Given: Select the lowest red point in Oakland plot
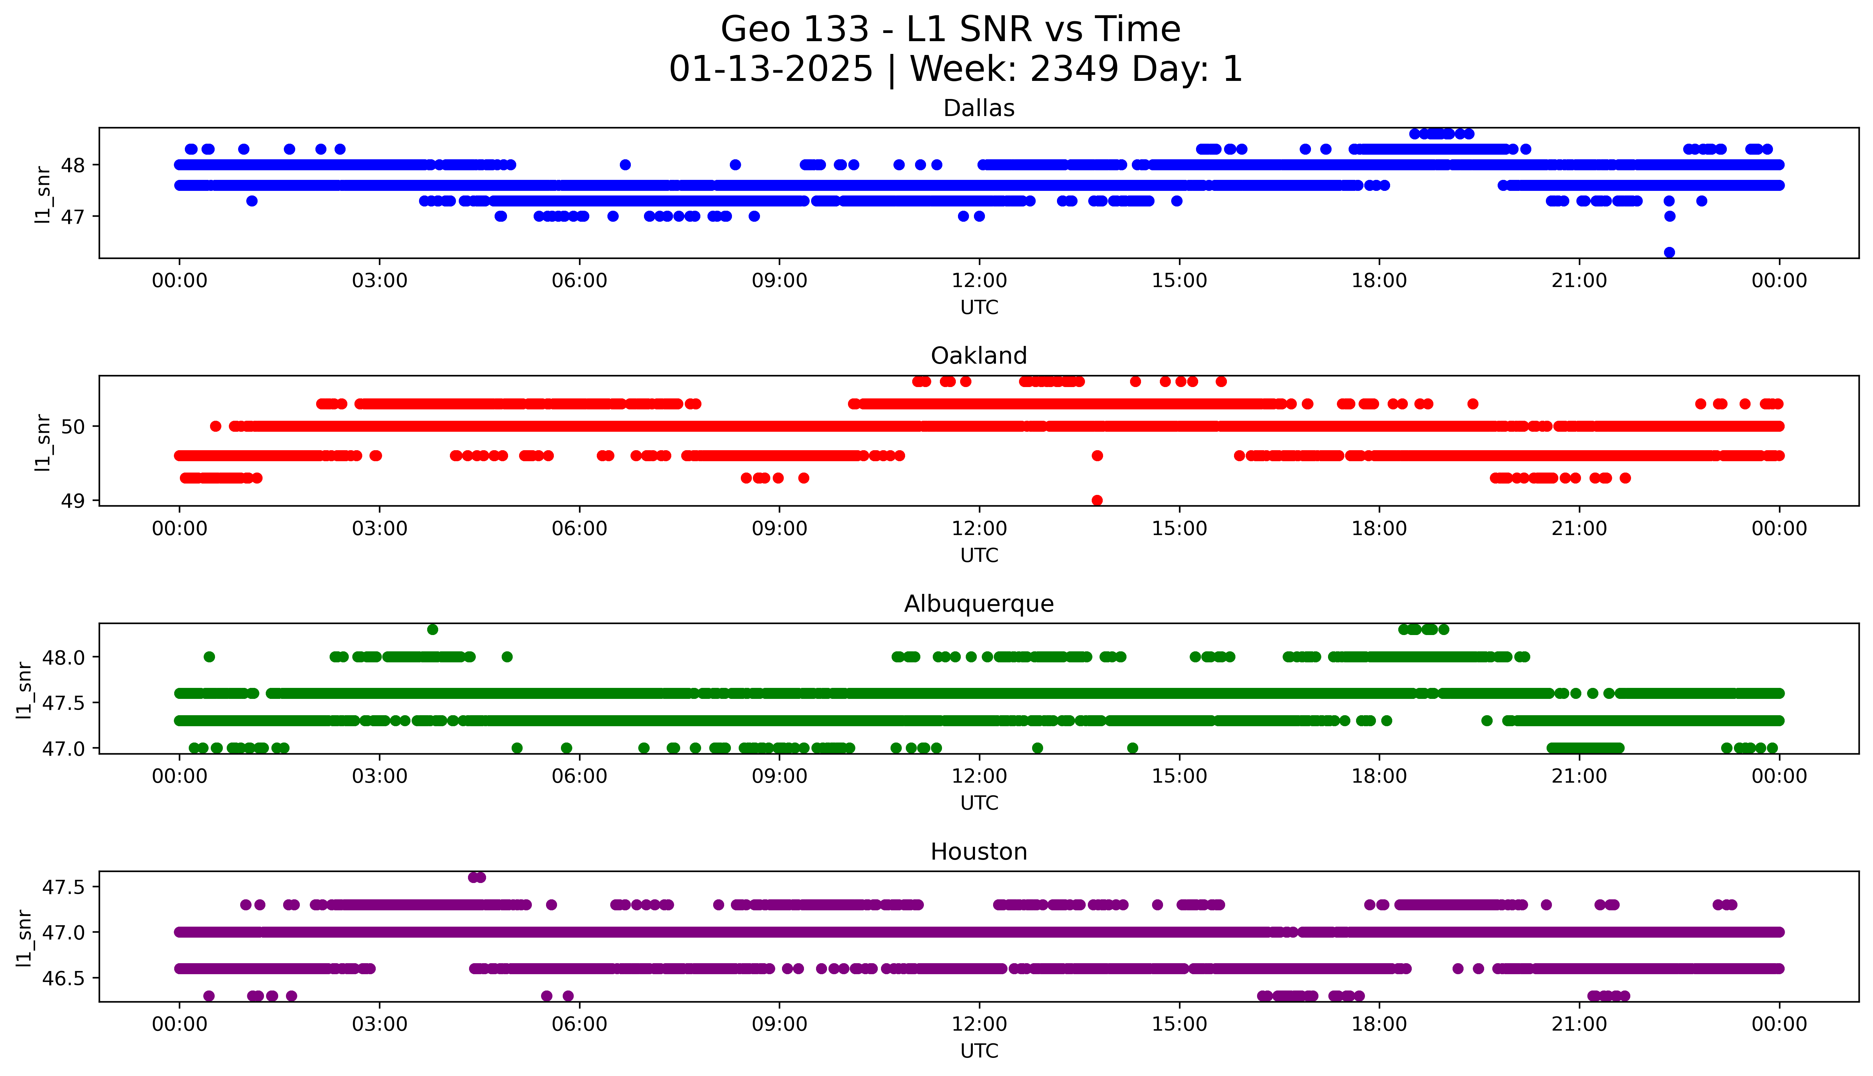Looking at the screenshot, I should click(x=1097, y=500).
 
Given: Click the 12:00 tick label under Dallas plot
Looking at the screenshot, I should click(x=979, y=281).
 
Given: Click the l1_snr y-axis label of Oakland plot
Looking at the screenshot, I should click(x=43, y=442).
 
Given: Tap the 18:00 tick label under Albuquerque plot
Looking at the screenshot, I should click(x=1379, y=777).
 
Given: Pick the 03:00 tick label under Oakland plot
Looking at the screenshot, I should click(x=380, y=529).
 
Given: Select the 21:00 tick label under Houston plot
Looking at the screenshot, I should click(x=1579, y=1025).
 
